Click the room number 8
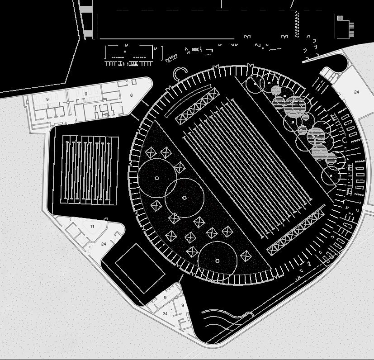pos(132,95)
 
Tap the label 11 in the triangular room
pos(92,226)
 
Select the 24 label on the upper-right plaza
pos(356,92)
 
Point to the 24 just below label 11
pos(104,244)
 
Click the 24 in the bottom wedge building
pos(165,313)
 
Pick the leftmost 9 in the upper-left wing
pos(47,99)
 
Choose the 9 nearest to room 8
pos(86,94)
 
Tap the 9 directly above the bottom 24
pos(165,298)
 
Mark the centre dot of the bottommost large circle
pos(218,261)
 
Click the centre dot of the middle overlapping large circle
pos(185,198)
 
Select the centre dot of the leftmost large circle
pos(157,178)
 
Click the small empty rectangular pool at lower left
pos(140,268)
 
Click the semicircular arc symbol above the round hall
pos(180,72)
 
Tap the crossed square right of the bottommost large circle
pos(246,256)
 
